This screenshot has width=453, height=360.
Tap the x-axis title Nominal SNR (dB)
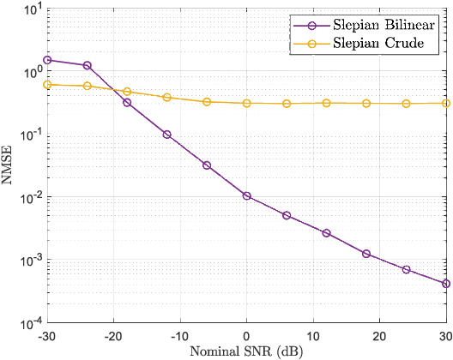246,351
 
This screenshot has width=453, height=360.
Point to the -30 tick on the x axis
47,335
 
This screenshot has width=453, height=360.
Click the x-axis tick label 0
247,335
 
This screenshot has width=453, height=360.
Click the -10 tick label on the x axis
180,335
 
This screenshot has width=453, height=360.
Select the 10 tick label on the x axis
313,335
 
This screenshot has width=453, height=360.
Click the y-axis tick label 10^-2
31,198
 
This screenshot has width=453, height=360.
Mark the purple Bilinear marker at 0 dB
247,196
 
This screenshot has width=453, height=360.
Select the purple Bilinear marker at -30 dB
47,60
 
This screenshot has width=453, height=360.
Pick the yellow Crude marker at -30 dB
47,84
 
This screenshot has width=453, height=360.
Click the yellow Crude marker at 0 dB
247,103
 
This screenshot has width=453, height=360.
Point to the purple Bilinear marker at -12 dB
166,135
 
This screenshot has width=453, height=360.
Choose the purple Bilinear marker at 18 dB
366,254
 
